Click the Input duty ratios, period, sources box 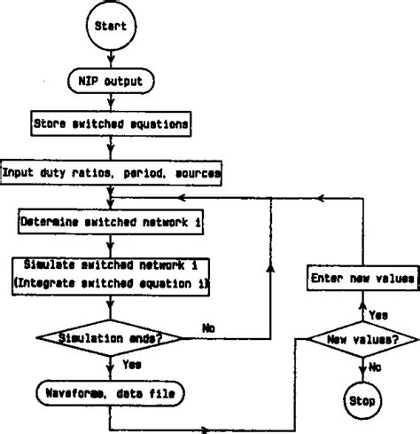click(110, 171)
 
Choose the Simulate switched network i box click(108, 273)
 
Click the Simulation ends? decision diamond click(108, 337)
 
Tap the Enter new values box click(363, 279)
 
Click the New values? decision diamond click(362, 339)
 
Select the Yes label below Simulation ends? click(131, 363)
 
